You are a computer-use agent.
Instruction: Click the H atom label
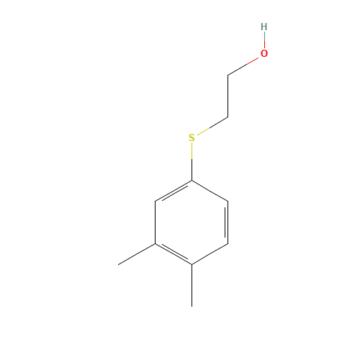[x=264, y=27]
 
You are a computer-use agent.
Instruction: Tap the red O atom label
[x=264, y=53]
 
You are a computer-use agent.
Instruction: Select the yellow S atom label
[x=192, y=138]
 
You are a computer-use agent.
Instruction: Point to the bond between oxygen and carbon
[x=243, y=66]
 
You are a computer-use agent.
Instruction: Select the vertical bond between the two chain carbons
[x=228, y=96]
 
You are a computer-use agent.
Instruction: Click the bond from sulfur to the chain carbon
[x=212, y=126]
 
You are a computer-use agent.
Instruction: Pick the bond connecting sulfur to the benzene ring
[x=192, y=162]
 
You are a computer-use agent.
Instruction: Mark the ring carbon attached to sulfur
[x=192, y=181]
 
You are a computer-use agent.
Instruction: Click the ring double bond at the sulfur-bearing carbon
[x=174, y=192]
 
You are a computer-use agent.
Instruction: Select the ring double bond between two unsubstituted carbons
[x=227, y=222]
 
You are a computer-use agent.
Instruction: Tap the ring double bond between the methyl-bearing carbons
[x=174, y=253]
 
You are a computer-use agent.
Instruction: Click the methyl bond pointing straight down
[x=192, y=286]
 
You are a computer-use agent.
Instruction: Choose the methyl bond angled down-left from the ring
[x=137, y=254]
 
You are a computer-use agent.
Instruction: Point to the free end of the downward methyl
[x=192, y=307]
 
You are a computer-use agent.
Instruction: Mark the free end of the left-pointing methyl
[x=118, y=265]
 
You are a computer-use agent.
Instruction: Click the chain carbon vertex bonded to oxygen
[x=228, y=76]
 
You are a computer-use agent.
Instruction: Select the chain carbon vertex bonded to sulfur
[x=228, y=117]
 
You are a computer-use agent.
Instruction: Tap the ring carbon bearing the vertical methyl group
[x=192, y=265]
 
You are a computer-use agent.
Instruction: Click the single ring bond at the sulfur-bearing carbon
[x=210, y=191]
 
